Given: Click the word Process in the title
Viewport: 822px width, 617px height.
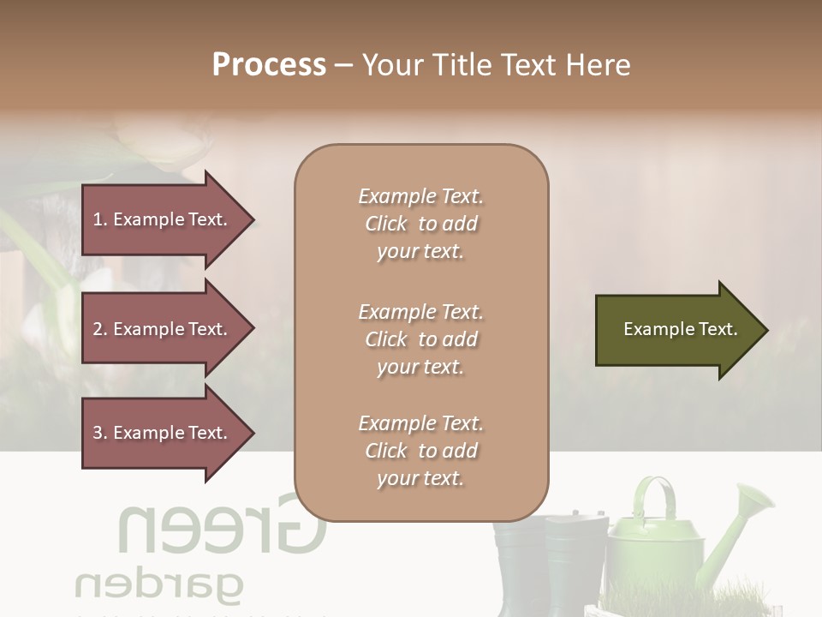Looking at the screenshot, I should (x=269, y=65).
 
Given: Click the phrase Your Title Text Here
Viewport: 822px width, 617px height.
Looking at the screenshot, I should (x=497, y=65).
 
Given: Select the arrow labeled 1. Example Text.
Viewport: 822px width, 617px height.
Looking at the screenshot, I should (x=163, y=219).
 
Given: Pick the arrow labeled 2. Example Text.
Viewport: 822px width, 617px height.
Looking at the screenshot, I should (x=163, y=329).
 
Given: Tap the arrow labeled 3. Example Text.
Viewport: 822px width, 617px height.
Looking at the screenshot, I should (x=163, y=433).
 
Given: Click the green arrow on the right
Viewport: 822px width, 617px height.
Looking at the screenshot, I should (x=676, y=330).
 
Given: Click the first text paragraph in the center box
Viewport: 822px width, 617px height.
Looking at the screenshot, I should (x=420, y=224).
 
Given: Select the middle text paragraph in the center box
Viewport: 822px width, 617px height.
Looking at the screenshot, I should (x=420, y=339).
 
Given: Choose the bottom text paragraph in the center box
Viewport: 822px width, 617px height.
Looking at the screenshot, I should (x=420, y=451).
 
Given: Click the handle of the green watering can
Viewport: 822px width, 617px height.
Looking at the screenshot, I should (x=654, y=497).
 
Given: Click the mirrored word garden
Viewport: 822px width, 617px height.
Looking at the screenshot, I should (x=159, y=587).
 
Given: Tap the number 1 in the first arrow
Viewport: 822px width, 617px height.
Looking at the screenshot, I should (x=97, y=219).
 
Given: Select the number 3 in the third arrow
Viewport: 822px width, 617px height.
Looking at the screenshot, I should (x=98, y=433).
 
